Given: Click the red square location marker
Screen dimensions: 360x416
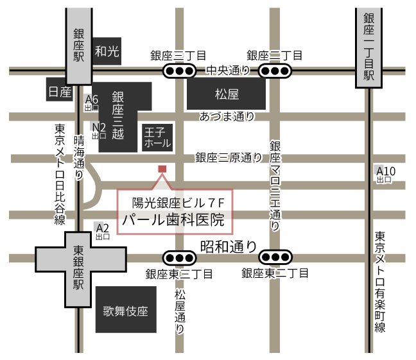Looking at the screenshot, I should [162, 169].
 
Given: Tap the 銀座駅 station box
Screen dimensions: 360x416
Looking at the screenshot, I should [79, 45].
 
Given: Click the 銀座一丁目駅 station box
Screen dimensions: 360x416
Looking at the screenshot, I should [369, 48].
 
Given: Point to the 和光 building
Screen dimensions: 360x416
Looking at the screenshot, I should [107, 52].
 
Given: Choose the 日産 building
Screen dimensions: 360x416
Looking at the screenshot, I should [60, 92].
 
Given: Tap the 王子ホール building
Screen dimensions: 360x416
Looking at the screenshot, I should [157, 137].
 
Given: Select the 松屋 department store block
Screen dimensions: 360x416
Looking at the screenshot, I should [227, 94].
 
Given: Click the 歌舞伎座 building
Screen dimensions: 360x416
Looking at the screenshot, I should [126, 311].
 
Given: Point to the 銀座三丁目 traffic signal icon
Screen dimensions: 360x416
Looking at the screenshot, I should [179, 71].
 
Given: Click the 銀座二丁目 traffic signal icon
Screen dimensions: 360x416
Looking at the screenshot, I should [275, 71].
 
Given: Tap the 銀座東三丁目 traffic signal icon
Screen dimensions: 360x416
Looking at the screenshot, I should [179, 258].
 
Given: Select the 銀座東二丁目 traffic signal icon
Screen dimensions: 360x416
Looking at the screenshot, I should [275, 258].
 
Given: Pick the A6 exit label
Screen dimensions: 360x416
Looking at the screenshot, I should [92, 100].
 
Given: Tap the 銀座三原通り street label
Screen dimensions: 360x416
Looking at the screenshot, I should [229, 157].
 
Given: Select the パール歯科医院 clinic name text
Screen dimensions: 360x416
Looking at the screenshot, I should [173, 221].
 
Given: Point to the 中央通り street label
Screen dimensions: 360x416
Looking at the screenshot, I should [227, 70].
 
